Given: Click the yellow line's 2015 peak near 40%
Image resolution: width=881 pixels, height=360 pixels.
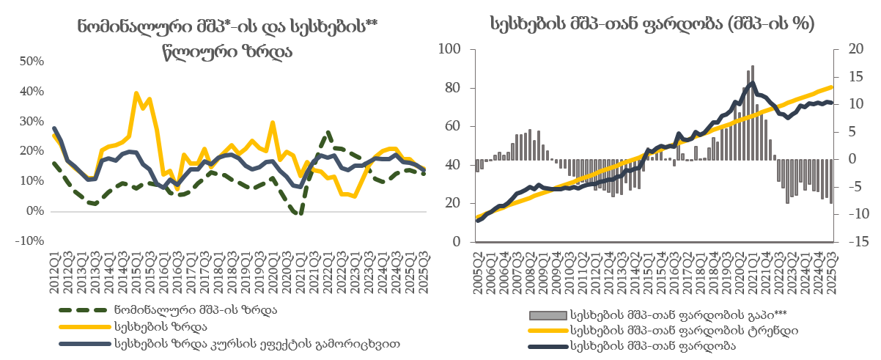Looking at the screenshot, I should (x=136, y=93).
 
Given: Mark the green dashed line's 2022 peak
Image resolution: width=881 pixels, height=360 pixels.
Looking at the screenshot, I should (x=328, y=132).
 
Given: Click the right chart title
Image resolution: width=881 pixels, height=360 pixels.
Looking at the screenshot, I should (x=652, y=23).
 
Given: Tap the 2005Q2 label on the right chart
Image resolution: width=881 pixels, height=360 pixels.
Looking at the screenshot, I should (x=478, y=268).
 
